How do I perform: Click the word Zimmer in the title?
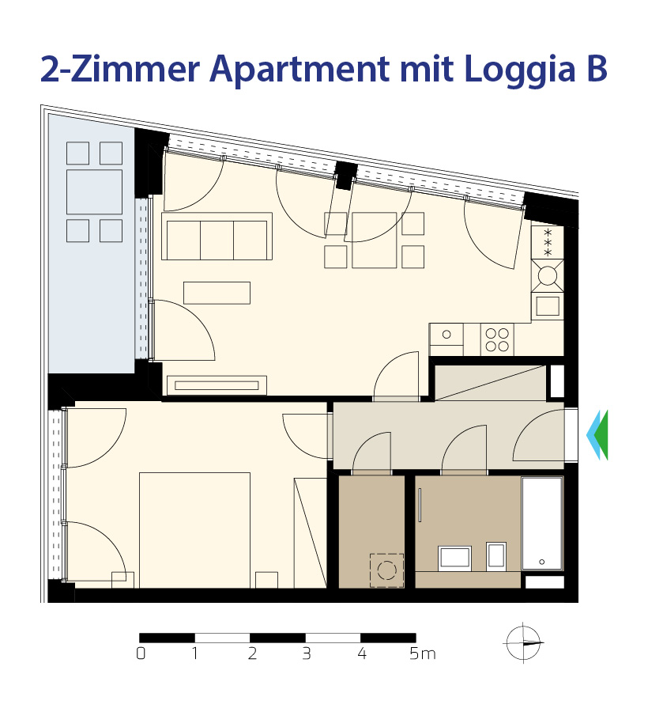pyautogui.click(x=135, y=69)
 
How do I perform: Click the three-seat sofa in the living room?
pyautogui.click(x=217, y=236)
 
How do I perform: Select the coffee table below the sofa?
pyautogui.click(x=217, y=293)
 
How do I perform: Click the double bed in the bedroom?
pyautogui.click(x=194, y=530)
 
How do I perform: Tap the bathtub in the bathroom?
pyautogui.click(x=542, y=523)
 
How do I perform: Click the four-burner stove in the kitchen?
pyautogui.click(x=497, y=339)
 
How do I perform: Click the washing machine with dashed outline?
pyautogui.click(x=386, y=570)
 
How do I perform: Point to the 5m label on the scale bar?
pyautogui.click(x=422, y=653)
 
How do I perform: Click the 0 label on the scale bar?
pyautogui.click(x=141, y=653)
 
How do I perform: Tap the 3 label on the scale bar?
pyautogui.click(x=307, y=653)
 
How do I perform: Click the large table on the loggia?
pyautogui.click(x=94, y=191)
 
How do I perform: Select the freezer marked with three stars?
pyautogui.click(x=548, y=243)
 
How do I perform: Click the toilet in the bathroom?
pyautogui.click(x=496, y=556)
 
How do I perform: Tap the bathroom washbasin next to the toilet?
pyautogui.click(x=455, y=558)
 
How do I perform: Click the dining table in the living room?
pyautogui.click(x=374, y=240)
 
